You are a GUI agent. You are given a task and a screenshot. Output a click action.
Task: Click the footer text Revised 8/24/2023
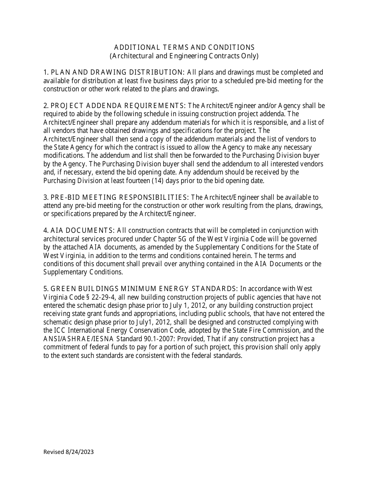[68, 452]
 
